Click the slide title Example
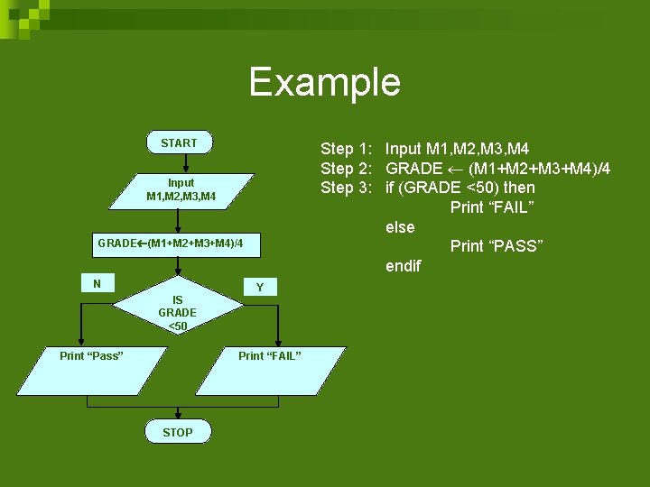pyautogui.click(x=324, y=82)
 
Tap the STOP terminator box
pyautogui.click(x=177, y=432)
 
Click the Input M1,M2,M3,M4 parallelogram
pyautogui.click(x=181, y=189)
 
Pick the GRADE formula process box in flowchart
pyautogui.click(x=170, y=243)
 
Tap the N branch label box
pyautogui.click(x=97, y=283)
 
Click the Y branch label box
pyautogui.click(x=259, y=287)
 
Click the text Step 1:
pyautogui.click(x=349, y=148)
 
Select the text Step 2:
pyautogui.click(x=349, y=168)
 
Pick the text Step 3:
pyautogui.click(x=349, y=188)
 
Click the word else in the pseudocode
pyautogui.click(x=400, y=227)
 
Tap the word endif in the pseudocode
pyautogui.click(x=403, y=266)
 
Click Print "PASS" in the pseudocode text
pyautogui.click(x=496, y=246)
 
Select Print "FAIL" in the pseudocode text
pyautogui.click(x=492, y=207)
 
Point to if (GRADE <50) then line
pyautogui.click(x=460, y=188)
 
